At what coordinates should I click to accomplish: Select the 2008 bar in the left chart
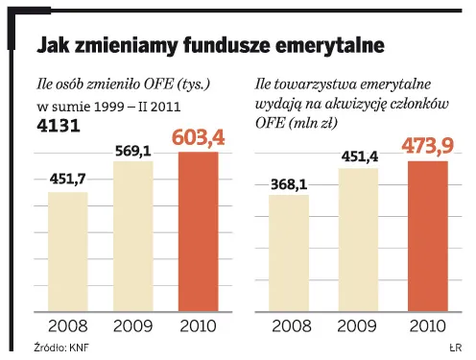coord(67,252)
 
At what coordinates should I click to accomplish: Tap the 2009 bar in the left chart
coord(133,236)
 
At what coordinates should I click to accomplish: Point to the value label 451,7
coord(67,179)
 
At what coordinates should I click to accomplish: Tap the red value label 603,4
coord(200,137)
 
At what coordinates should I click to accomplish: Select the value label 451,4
coord(358,156)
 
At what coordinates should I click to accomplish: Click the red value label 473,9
coord(428,147)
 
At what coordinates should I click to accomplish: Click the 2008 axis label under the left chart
coord(67,326)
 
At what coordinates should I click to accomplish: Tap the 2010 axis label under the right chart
coord(428,326)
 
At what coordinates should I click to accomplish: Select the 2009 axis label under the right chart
coord(358,326)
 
